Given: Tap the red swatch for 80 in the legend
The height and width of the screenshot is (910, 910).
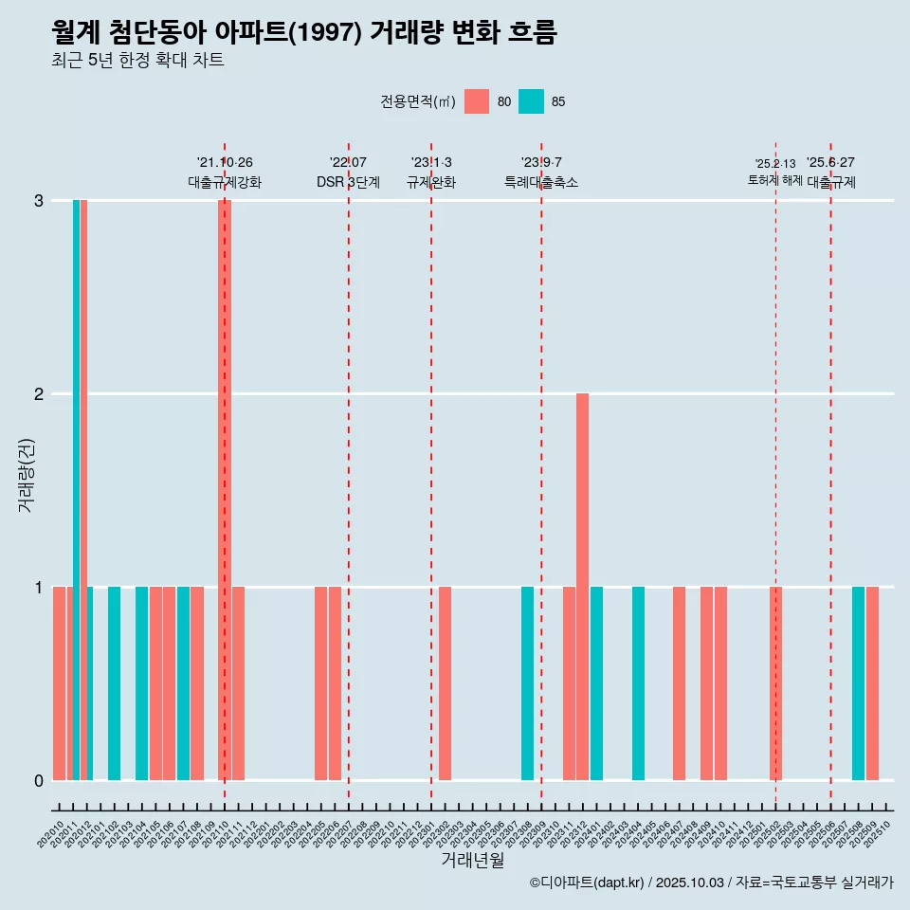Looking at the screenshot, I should pos(477,101).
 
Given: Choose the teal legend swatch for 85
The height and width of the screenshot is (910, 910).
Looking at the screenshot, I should pos(532,101).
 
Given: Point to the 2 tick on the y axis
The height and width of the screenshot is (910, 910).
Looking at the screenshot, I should pos(39,393).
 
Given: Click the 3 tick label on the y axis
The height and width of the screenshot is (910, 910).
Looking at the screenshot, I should pos(39,200).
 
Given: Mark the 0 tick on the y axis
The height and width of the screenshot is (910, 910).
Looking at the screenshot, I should pos(39,780).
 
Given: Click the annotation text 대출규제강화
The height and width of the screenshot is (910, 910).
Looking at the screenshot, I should pos(225,182).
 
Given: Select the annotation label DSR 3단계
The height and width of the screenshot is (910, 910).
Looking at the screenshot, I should pos(348,182).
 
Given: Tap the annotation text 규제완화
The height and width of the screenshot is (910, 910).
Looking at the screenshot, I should pos(431,182).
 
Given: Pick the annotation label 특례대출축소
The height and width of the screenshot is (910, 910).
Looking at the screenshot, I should pos(541,182).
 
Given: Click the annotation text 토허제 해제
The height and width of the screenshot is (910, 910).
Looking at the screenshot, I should pos(774,180).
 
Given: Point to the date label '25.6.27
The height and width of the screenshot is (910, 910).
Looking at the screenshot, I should pos(830,162).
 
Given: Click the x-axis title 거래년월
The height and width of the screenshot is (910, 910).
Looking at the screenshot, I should pos(472,860).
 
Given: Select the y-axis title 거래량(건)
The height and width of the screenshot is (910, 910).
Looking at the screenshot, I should pos(26,475).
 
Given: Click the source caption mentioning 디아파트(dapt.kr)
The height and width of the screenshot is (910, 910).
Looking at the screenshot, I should pos(711,883).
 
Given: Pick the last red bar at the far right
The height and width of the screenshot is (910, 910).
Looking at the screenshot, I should pos(872,682).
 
